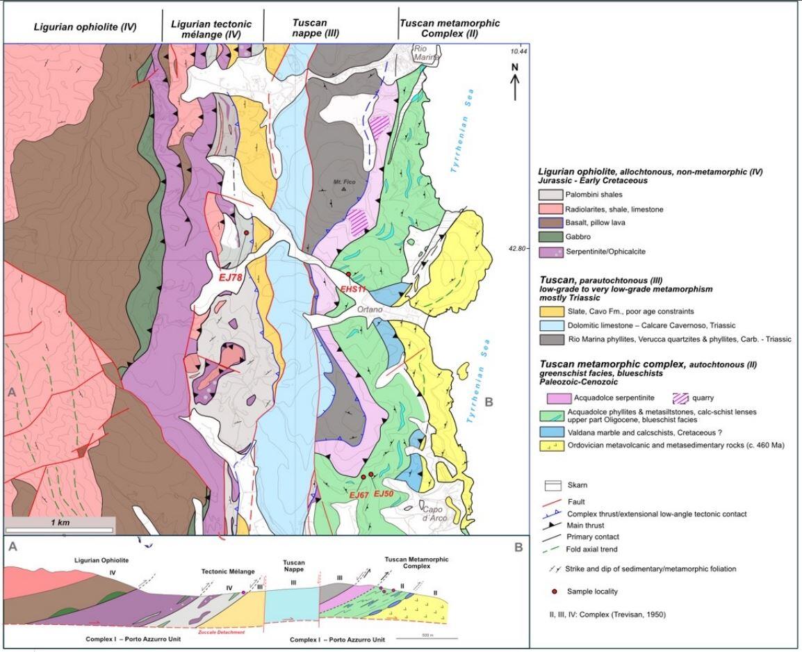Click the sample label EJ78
point(229,277)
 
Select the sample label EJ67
point(359,494)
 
